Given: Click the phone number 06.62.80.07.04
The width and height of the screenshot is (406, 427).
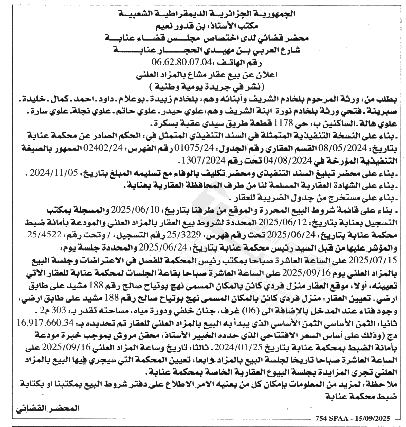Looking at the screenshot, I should (181, 62).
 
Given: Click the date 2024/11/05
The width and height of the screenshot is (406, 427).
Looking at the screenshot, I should (54, 173).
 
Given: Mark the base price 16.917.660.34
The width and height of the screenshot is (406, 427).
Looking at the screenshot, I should (45, 323).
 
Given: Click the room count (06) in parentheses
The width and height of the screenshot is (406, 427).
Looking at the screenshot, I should (252, 310).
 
